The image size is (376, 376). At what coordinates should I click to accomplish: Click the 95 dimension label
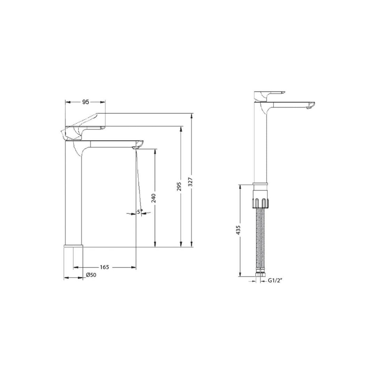(x=86, y=102)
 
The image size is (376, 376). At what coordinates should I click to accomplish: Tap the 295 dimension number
(x=179, y=187)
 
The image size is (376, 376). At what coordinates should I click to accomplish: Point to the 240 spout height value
(x=154, y=198)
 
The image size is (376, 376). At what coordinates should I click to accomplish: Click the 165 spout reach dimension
(x=104, y=267)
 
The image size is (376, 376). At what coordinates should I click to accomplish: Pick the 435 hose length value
(x=238, y=230)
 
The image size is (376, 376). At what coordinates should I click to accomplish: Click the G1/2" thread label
(x=275, y=280)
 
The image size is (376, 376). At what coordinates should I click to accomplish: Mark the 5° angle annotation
(x=140, y=212)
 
